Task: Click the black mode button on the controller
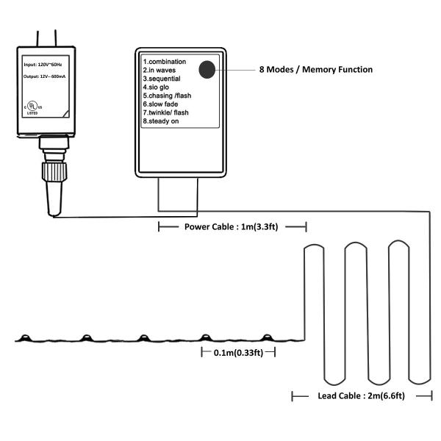(207, 70)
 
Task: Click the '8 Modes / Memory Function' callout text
(315, 70)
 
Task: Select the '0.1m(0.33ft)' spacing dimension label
(238, 353)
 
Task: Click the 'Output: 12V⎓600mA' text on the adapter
(45, 77)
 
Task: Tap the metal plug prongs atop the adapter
(44, 35)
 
